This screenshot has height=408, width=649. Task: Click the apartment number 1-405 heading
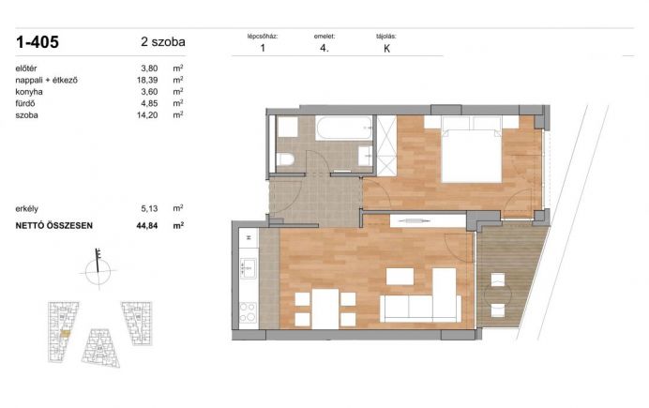click(x=38, y=42)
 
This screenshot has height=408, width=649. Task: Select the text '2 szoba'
click(x=163, y=42)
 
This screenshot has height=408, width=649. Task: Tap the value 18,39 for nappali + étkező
click(x=147, y=80)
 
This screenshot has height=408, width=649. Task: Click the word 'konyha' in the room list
click(x=29, y=92)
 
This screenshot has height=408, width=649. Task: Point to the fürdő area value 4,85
click(x=149, y=103)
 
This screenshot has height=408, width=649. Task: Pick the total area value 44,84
click(x=147, y=225)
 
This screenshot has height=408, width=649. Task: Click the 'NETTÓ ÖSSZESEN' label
click(x=54, y=225)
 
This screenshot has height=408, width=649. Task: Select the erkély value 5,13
click(x=149, y=208)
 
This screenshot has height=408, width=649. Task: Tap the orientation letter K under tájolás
click(x=387, y=49)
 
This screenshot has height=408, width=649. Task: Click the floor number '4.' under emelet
click(x=324, y=48)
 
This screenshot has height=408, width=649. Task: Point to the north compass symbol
click(x=98, y=267)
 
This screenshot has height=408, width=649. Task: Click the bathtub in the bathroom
click(x=344, y=128)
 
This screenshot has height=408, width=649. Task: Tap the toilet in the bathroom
click(x=285, y=159)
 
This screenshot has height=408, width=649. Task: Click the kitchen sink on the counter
click(x=249, y=268)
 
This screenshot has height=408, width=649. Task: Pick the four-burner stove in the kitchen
click(x=249, y=313)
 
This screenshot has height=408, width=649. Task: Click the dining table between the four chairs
click(x=325, y=309)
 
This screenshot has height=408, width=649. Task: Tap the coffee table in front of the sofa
click(x=400, y=277)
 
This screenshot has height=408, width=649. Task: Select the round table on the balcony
click(x=498, y=295)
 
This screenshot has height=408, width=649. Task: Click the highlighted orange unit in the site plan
click(x=66, y=333)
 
